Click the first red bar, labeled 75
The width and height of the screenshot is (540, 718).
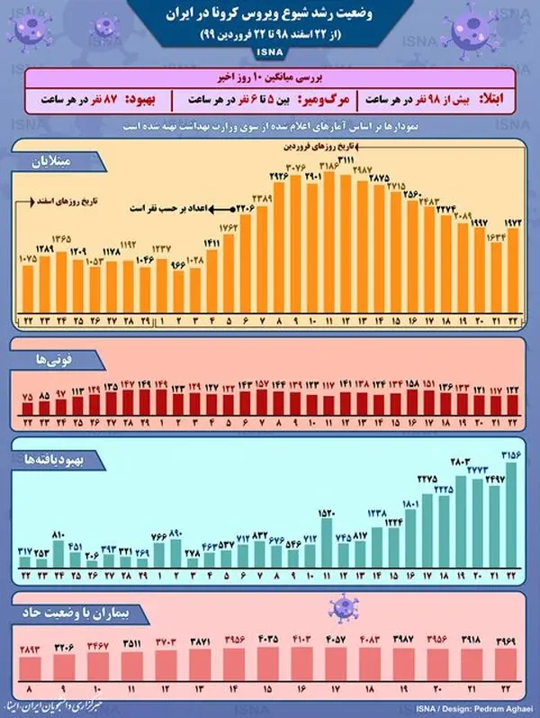26,408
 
